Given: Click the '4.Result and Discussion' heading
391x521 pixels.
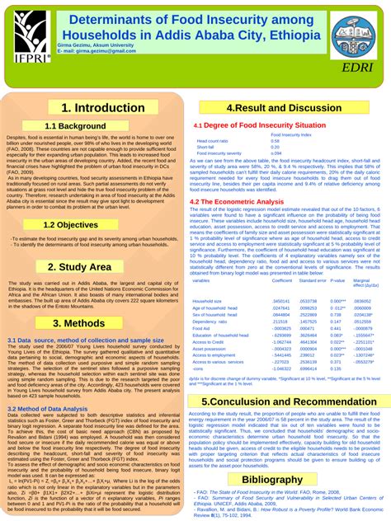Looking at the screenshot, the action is click(283, 107).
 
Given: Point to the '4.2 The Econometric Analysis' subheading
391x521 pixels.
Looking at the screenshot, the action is click(236, 201).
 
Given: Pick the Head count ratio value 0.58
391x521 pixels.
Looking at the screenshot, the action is click(275, 141).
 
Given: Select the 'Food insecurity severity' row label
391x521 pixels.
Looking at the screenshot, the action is click(219, 153).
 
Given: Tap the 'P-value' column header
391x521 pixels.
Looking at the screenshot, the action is click(337, 280).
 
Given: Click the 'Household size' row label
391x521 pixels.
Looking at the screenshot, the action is click(207, 302).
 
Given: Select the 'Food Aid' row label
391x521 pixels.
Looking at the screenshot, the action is click(202, 328).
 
